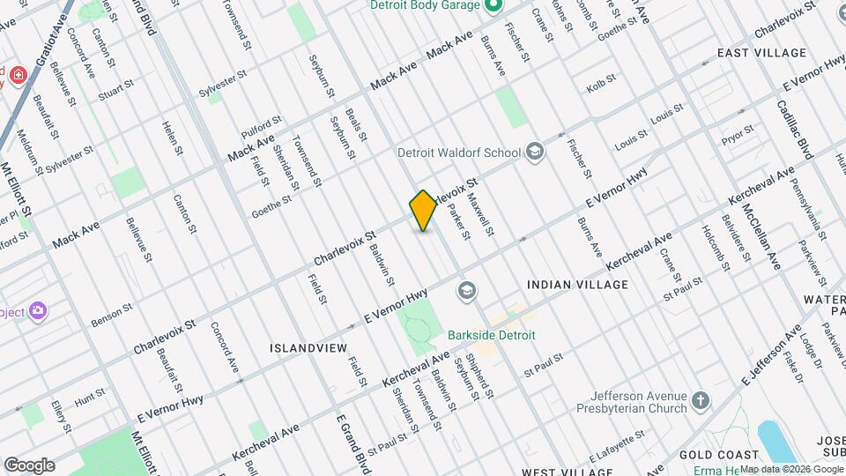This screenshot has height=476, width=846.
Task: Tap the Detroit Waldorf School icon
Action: (x=534, y=152)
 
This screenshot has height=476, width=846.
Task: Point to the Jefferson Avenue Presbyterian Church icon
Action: (x=701, y=402)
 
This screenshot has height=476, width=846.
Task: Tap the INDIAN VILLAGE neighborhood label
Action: (x=577, y=285)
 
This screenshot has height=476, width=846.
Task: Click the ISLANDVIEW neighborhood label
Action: (x=308, y=348)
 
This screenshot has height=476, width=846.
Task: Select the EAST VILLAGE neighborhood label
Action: (x=761, y=53)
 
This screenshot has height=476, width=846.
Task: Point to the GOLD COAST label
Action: (x=708, y=454)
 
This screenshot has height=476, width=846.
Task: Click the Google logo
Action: (x=28, y=465)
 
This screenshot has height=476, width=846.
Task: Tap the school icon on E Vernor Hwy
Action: (x=465, y=290)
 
